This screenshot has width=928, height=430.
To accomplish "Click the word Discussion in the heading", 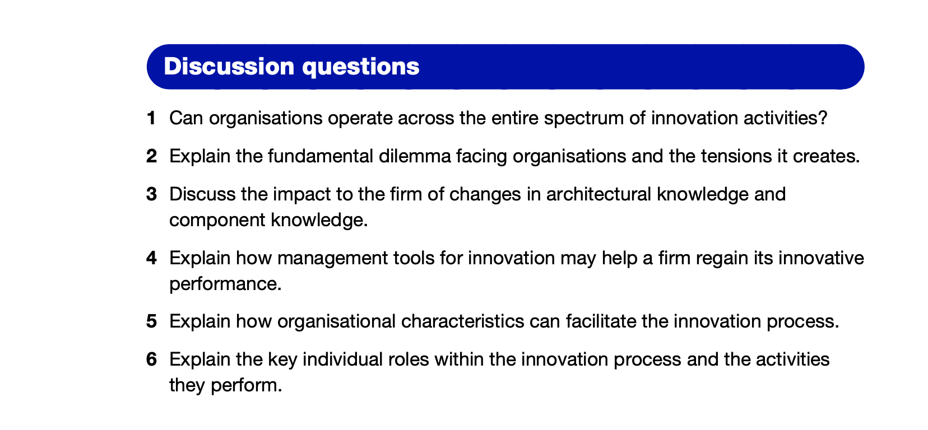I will point(228,67).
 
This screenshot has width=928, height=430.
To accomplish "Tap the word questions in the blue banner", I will point(360,67).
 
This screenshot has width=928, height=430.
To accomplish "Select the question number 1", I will point(151,118).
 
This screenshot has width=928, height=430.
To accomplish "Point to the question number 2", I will point(151,156).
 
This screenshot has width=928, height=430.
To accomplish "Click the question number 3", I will point(151,194).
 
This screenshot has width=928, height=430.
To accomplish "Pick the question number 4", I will point(151,258).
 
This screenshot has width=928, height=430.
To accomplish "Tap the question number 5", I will point(151,321).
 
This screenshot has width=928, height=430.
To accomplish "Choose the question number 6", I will point(151,359).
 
